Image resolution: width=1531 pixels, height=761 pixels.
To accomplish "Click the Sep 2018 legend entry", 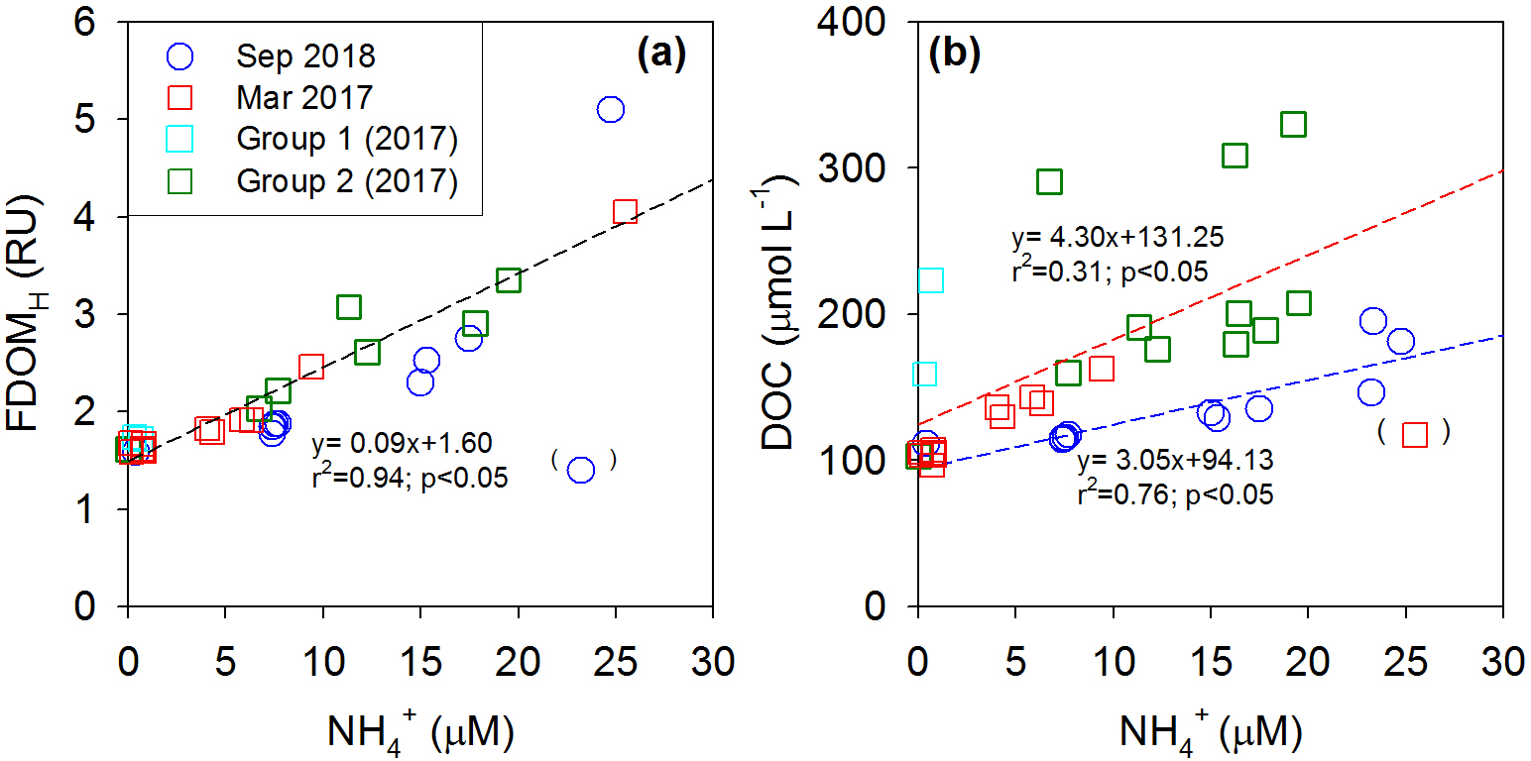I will coord(305,55).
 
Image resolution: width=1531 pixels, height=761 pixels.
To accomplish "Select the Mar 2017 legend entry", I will coord(305,98).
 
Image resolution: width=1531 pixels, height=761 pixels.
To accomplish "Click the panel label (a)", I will coord(660,55).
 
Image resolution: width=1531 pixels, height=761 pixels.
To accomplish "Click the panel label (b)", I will coord(954,55).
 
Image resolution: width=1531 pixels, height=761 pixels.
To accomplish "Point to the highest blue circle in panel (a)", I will coord(611,109).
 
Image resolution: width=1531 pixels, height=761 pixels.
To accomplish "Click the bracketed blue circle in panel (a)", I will coord(581,470).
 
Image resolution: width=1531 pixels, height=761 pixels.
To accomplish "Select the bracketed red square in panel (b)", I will coord(1415,435).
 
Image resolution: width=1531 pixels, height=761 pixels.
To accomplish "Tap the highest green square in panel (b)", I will coord(1293,125).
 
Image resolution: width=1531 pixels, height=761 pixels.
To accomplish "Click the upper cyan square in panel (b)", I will coord(930,280).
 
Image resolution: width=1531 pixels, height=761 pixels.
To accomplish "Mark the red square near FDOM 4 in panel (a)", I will coord(625,212).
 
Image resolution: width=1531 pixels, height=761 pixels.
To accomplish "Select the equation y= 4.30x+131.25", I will coord(1118,238).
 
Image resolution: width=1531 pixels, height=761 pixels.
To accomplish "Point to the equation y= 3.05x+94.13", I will coord(1175,461).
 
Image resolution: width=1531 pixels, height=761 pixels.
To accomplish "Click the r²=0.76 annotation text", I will coord(1175,493).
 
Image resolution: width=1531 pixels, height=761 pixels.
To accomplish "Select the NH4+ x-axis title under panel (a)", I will coord(419,733).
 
